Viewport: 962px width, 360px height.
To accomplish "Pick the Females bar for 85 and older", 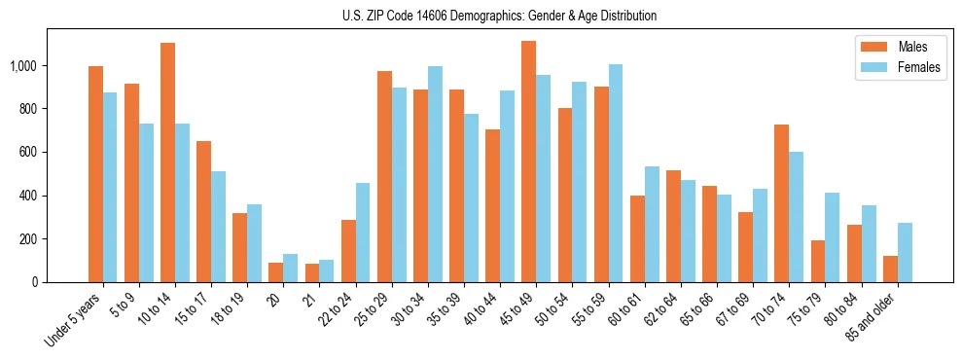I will click(x=905, y=253).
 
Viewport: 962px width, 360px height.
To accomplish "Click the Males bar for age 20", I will click(x=276, y=272).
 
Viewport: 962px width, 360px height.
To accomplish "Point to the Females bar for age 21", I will click(x=327, y=271).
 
